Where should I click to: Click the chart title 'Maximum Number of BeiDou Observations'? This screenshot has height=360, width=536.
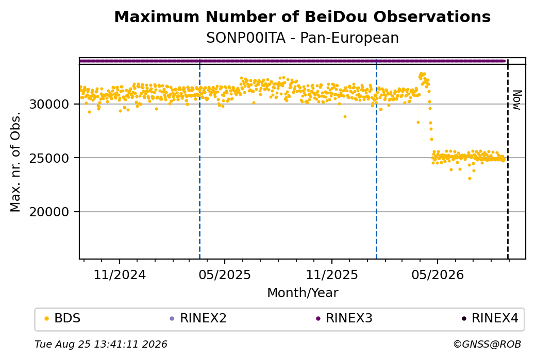tap(302, 16)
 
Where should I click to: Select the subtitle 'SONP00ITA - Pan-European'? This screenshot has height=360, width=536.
tap(302, 38)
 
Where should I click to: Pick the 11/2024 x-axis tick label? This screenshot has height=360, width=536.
tap(120, 275)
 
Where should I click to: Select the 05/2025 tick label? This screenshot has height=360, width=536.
tap(225, 275)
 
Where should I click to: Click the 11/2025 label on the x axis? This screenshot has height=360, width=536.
tap(331, 275)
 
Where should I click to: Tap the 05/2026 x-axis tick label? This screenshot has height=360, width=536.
tap(438, 275)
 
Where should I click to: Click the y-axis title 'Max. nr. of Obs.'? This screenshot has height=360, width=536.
tap(15, 162)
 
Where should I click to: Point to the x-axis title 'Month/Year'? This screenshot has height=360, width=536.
tap(303, 293)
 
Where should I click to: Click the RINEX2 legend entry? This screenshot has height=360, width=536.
tap(198, 318)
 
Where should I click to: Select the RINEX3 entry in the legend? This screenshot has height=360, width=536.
tap(344, 318)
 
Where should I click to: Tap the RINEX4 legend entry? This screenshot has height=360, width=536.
tap(490, 318)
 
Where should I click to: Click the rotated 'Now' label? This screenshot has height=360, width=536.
tap(517, 100)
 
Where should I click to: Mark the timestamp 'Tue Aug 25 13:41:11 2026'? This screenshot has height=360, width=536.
tap(101, 344)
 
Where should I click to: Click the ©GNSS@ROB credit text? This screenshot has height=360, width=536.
tap(487, 344)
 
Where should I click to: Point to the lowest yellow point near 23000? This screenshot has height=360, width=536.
tap(470, 178)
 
